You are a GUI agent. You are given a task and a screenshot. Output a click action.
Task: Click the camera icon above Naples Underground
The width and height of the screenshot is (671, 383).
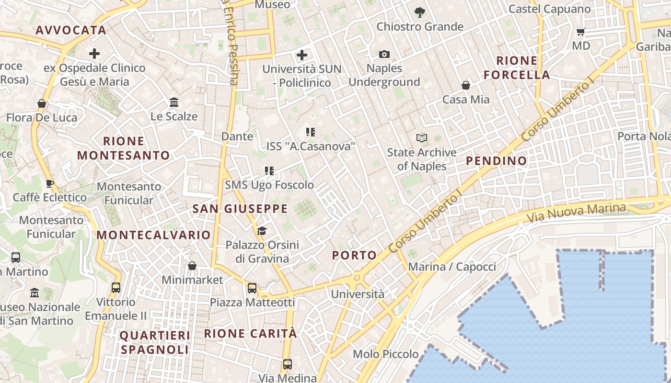(384, 55)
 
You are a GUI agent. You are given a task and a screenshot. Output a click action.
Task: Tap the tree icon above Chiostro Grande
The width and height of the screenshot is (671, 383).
(420, 12)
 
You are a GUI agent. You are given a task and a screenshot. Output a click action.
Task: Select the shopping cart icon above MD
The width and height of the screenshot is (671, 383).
(581, 32)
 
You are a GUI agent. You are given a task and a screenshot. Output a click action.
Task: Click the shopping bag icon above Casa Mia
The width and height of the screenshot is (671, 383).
(466, 86)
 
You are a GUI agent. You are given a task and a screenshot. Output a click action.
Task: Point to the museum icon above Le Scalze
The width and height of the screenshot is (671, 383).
(174, 102)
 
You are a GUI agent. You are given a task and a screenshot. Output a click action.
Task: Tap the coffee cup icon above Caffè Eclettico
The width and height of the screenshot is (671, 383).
(49, 183)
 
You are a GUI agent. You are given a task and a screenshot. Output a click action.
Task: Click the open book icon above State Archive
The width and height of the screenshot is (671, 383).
(422, 138)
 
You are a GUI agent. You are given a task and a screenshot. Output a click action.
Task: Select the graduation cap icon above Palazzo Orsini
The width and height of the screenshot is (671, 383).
(262, 231)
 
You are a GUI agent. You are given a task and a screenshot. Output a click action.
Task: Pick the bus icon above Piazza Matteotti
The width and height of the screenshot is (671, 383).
(252, 288)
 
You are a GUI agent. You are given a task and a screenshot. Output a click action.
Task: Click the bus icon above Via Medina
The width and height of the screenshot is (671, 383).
(288, 364)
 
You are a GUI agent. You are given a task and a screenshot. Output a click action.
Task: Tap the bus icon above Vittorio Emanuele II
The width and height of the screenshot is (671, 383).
(116, 288)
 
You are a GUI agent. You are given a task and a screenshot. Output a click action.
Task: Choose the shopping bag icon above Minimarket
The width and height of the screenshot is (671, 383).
(192, 266)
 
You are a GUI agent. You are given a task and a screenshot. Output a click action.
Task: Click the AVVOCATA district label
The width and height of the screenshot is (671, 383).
(71, 30)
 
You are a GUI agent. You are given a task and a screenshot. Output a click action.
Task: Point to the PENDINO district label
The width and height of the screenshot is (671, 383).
(497, 161)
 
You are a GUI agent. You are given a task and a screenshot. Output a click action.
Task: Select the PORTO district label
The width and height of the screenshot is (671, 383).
(354, 256)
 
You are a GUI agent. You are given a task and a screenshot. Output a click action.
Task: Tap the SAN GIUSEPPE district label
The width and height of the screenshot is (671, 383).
(240, 209)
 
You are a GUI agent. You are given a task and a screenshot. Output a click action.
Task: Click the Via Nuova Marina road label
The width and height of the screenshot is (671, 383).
(576, 212)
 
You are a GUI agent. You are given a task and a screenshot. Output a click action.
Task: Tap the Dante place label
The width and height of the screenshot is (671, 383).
(237, 136)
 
